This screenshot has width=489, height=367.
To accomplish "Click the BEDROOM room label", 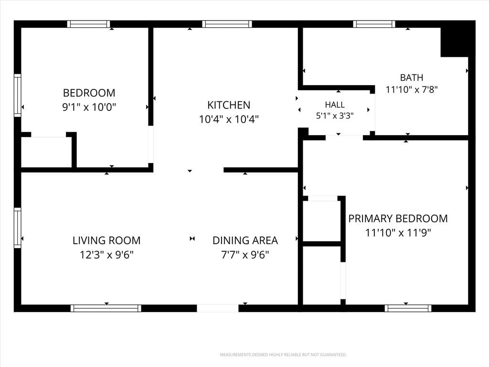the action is coord(89,93).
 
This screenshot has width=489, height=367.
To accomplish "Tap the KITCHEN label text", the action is coord(229,105).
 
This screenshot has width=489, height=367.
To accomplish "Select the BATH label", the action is coord(412,77).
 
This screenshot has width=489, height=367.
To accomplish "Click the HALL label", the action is coord(335,105).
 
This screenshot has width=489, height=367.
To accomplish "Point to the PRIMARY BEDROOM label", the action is coord(398,218).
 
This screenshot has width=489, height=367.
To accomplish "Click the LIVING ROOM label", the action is coord(106,240).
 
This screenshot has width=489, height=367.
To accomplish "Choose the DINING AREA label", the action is coord(245,240).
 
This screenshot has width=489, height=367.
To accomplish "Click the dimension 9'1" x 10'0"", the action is coord(89,107).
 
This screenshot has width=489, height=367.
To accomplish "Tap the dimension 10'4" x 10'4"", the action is coord(229,119).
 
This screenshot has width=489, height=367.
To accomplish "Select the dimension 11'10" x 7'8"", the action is coord(412,89).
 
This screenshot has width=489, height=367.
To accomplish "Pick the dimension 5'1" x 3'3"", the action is coord(335,116).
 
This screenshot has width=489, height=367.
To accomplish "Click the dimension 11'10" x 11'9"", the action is coord(398,233).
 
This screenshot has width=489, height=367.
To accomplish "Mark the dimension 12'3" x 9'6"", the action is coord(106,255).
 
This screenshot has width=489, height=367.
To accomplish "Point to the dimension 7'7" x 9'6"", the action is coord(245,255).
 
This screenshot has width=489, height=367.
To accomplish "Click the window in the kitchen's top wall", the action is coord(227,24).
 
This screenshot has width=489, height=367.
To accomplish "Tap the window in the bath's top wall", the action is coord(374,24).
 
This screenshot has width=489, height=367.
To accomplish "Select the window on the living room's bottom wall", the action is coord(106,308).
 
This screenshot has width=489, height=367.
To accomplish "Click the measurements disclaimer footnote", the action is coord(283,355).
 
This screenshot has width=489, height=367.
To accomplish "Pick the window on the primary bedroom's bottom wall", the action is coord(408,308).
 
